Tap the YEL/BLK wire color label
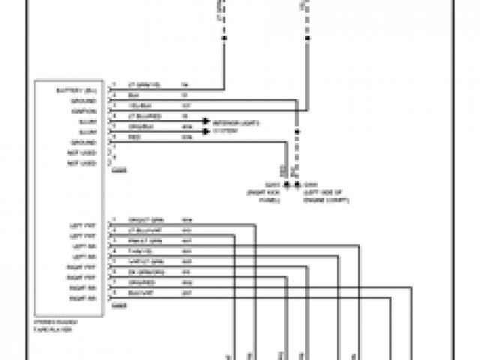tap(137, 104)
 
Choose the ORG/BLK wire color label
tap(139, 126)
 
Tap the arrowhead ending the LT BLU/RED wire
tap(203, 119)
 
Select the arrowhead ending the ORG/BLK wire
tap(203, 130)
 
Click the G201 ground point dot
tap(286, 184)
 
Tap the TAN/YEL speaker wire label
tap(139, 250)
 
